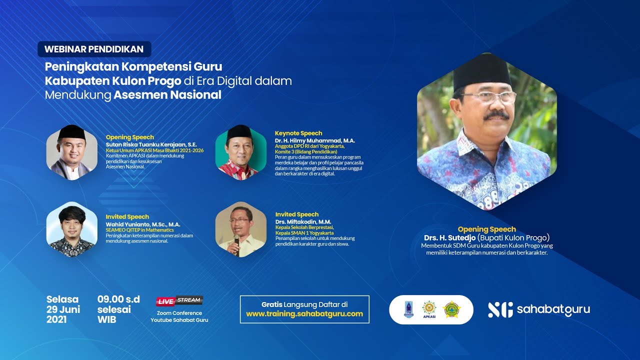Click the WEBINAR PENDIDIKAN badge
click(94, 49)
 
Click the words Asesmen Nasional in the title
click(167, 95)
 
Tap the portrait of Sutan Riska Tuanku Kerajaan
click(71, 152)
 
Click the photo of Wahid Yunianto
click(71, 230)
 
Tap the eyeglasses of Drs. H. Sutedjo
click(487, 97)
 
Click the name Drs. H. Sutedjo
click(449, 237)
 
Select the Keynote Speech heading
click(298, 133)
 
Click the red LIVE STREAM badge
click(179, 300)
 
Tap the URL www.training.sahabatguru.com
click(304, 314)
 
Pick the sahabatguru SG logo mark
click(500, 309)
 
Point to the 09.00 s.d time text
click(118, 299)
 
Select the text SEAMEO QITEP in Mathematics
click(139, 230)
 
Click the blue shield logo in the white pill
click(408, 309)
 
